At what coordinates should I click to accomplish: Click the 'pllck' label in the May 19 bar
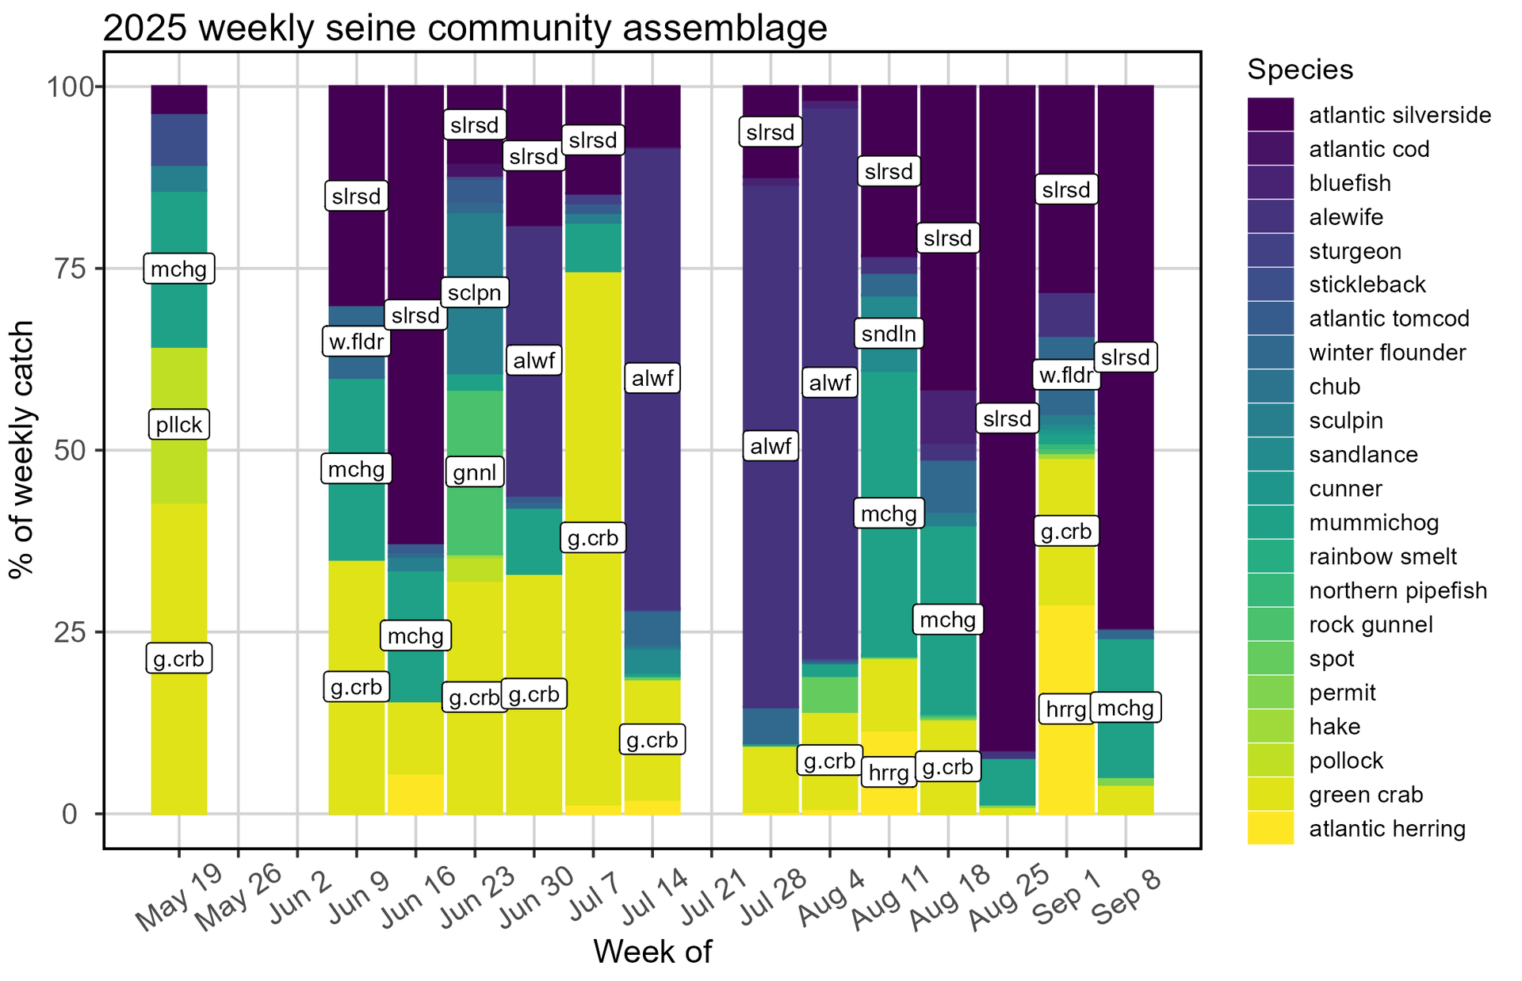click(x=178, y=425)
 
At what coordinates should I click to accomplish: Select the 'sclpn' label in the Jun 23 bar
click(x=475, y=293)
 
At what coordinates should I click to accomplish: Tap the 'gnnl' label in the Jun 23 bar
click(x=475, y=473)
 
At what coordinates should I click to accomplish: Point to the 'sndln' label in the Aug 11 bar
click(x=889, y=334)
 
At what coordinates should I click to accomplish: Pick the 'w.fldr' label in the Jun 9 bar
click(x=356, y=343)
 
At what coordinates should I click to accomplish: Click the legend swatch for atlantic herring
click(x=1270, y=828)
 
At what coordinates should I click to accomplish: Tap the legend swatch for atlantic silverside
click(x=1270, y=115)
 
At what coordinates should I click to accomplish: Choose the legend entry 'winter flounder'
click(x=1387, y=353)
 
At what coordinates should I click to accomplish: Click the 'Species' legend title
click(x=1300, y=70)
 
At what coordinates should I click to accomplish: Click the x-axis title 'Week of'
click(x=652, y=952)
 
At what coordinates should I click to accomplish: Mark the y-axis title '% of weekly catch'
click(x=22, y=449)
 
